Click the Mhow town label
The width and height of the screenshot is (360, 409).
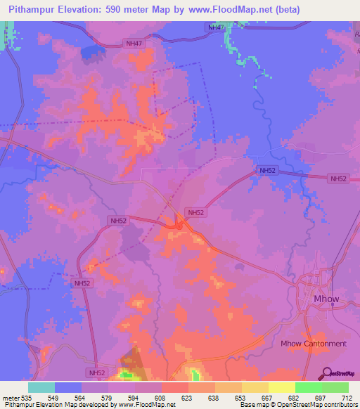click(326, 299)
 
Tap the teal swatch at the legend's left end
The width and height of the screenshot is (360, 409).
click(41, 387)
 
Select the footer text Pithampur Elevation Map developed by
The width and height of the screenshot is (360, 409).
click(58, 405)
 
